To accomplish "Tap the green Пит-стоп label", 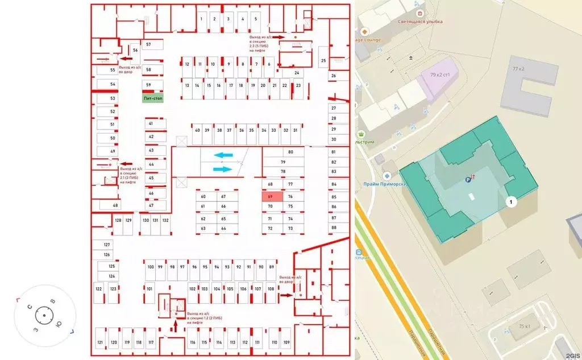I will [152, 98].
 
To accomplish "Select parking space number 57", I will [148, 44].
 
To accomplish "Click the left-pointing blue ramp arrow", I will [223, 155].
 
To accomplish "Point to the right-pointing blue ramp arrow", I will [223, 169].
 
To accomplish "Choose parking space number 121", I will [100, 342].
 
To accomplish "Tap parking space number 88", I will [334, 227].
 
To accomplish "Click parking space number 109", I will [286, 342].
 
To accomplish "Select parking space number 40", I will [197, 130].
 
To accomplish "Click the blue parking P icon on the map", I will [468, 180].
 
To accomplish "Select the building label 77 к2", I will [519, 68].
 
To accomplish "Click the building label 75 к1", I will [525, 326].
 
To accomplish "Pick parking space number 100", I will [151, 267].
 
